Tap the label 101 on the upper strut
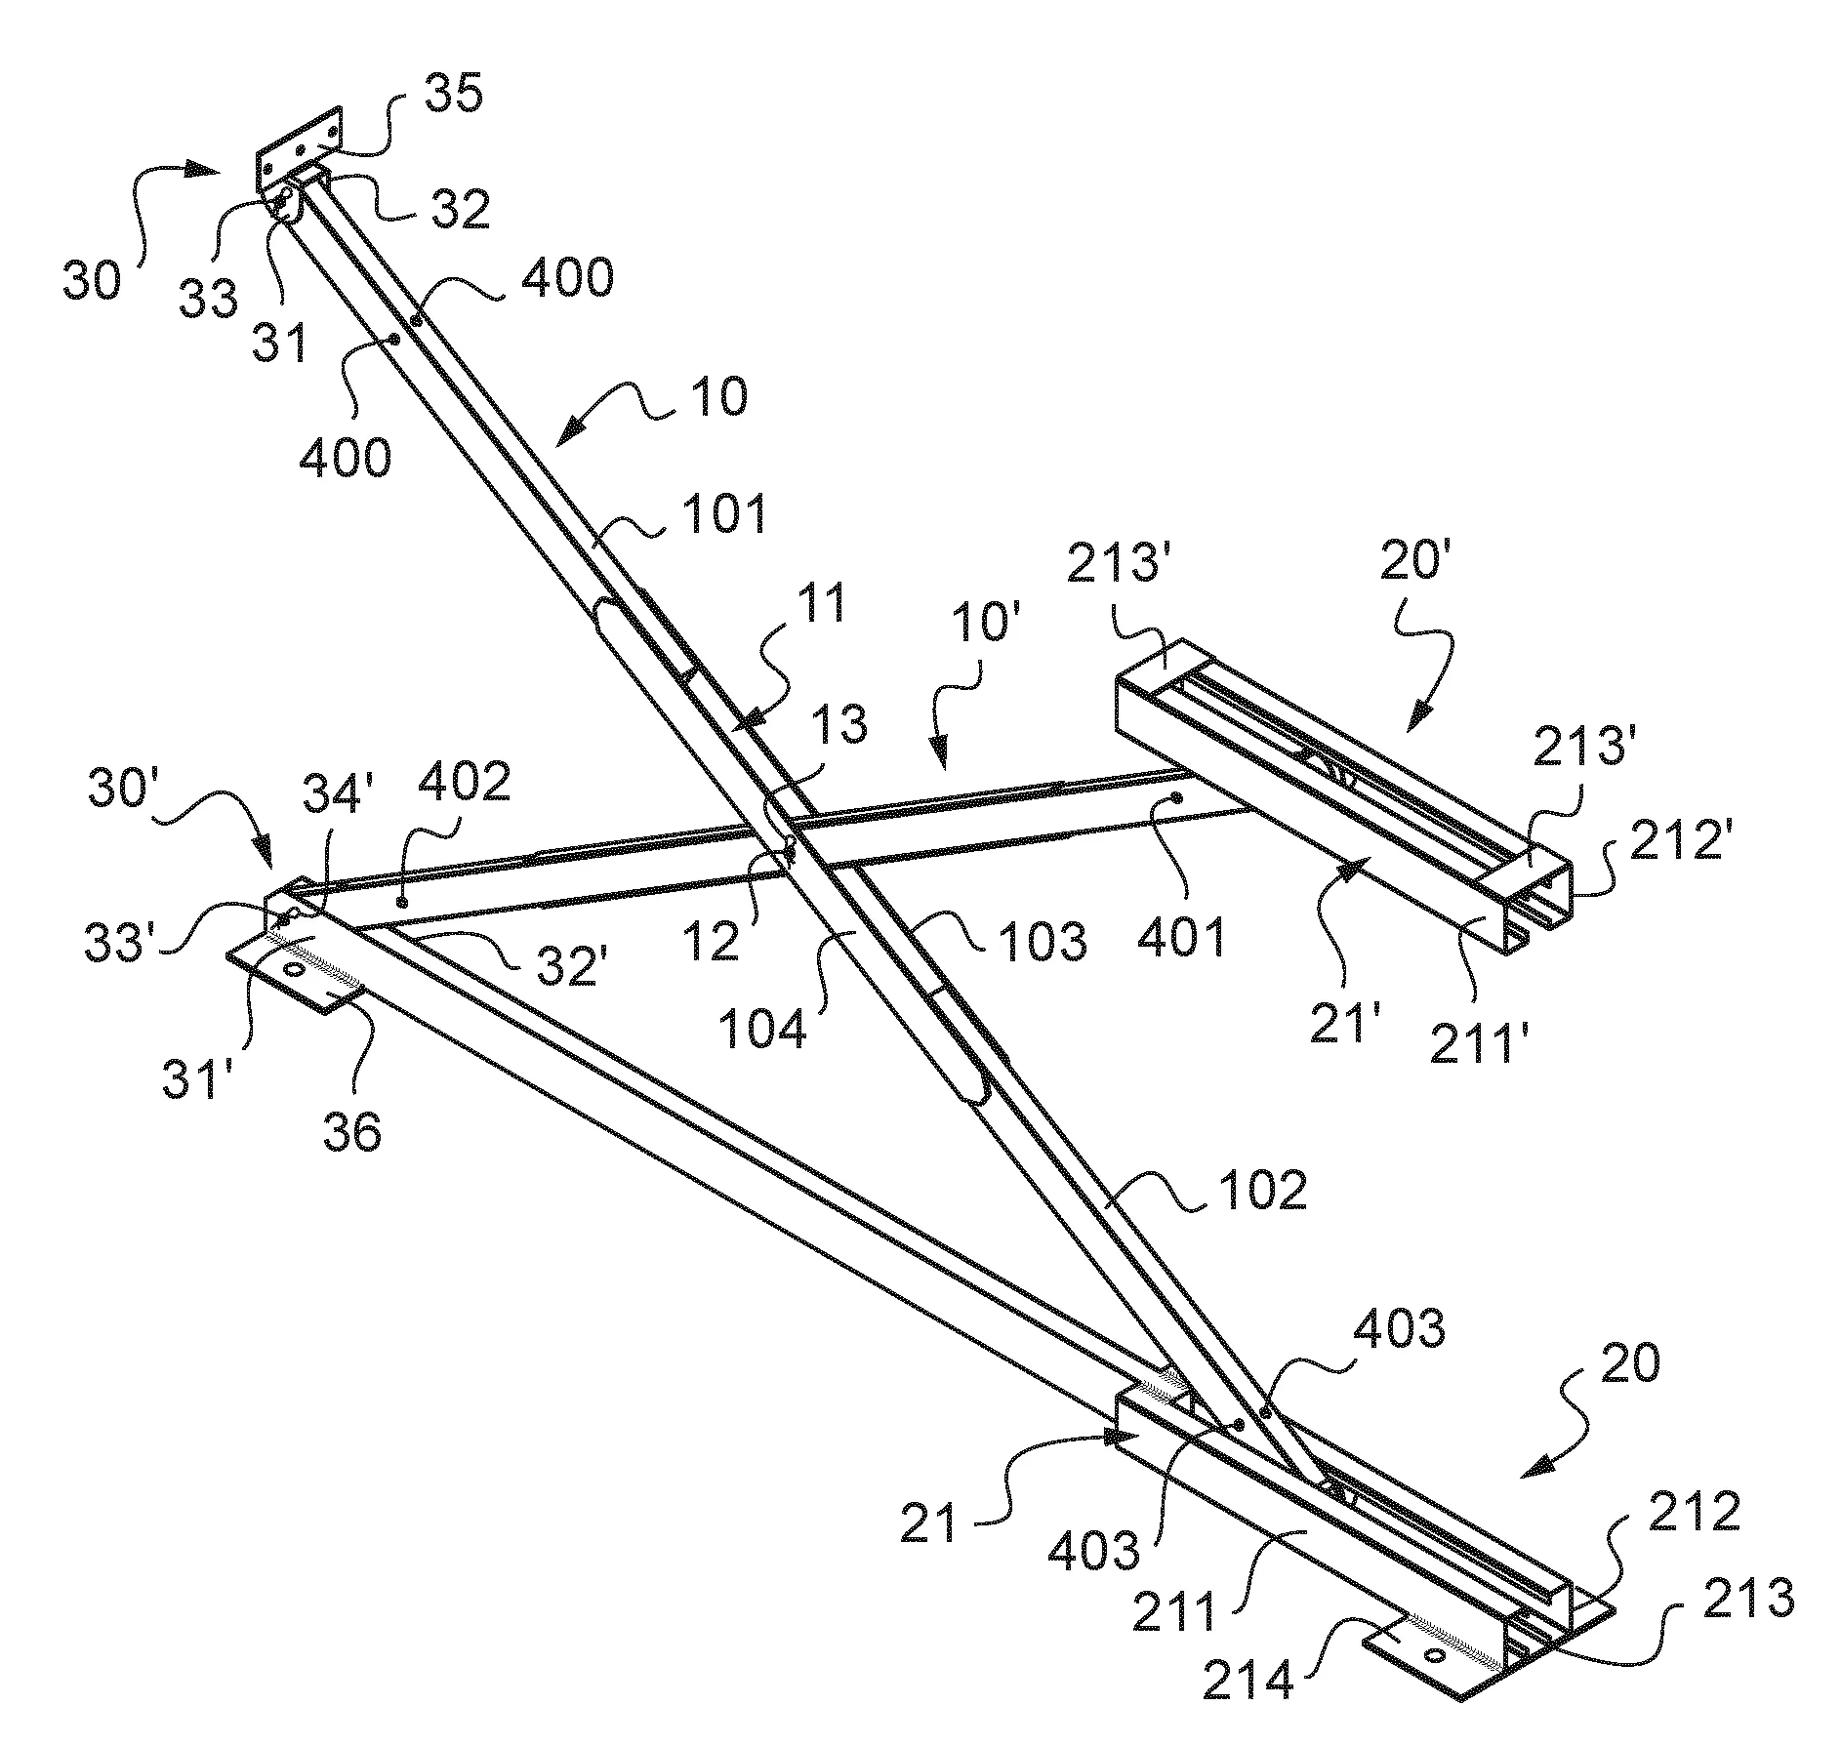click(724, 513)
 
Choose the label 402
click(465, 781)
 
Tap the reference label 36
click(352, 1133)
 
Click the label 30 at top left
click(93, 280)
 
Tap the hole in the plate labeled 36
click(292, 970)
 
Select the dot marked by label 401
click(1177, 797)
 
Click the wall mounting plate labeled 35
click(299, 148)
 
